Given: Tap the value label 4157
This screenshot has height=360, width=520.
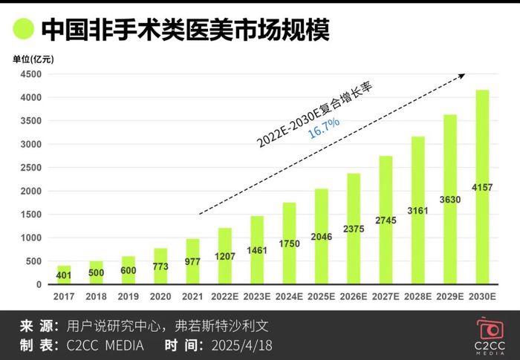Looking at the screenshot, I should pos(482,186).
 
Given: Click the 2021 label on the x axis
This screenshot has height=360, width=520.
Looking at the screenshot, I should pos(191,297).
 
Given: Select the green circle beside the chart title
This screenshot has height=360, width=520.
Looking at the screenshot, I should pos(22,29).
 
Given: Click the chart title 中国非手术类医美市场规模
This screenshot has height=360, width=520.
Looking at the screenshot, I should pos(185,29).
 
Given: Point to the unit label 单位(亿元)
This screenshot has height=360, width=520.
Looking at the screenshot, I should pos(33,58).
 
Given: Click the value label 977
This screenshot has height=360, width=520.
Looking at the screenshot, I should pos(191,261).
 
